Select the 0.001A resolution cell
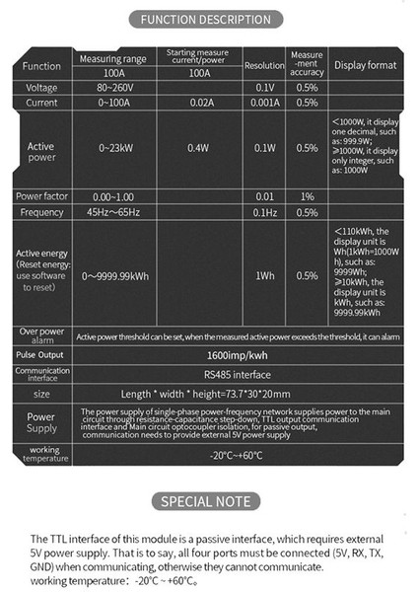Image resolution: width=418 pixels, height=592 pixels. coord(263,103)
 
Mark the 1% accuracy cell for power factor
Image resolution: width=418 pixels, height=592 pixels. coord(307,196)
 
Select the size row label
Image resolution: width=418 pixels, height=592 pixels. coord(41,394)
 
